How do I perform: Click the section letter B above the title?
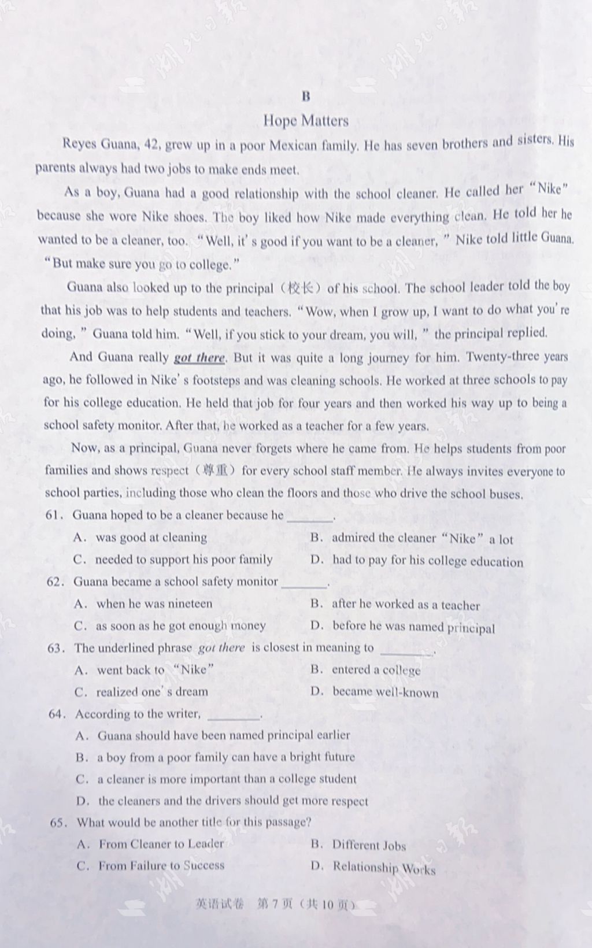(306, 96)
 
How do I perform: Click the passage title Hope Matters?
(306, 121)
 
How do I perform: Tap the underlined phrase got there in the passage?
(199, 357)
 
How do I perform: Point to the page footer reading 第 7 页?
(275, 905)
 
